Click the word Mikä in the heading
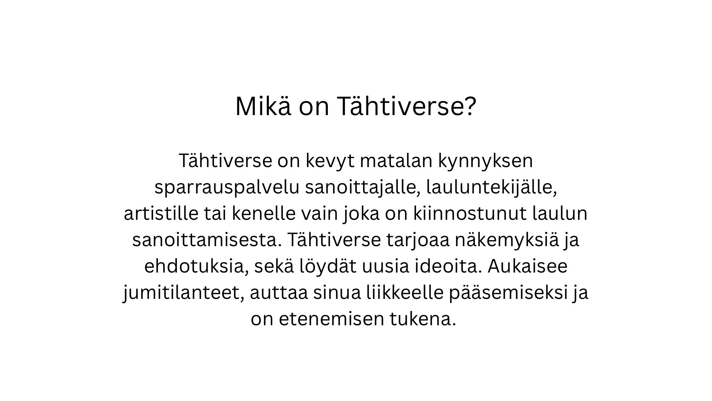click(263, 107)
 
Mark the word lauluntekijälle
click(492, 188)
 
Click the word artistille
click(161, 213)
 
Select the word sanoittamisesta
click(207, 240)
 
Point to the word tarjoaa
click(418, 241)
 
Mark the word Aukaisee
click(528, 267)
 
